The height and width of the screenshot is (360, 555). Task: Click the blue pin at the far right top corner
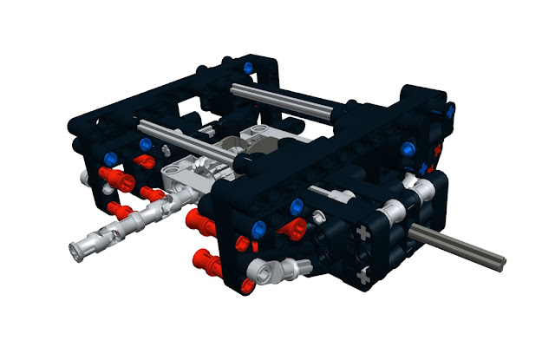(x=450, y=109)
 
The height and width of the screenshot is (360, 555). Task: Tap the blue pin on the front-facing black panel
(x=297, y=206)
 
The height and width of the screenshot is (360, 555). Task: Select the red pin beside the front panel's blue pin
(x=293, y=228)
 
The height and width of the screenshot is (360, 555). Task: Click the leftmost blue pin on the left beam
(x=110, y=157)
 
